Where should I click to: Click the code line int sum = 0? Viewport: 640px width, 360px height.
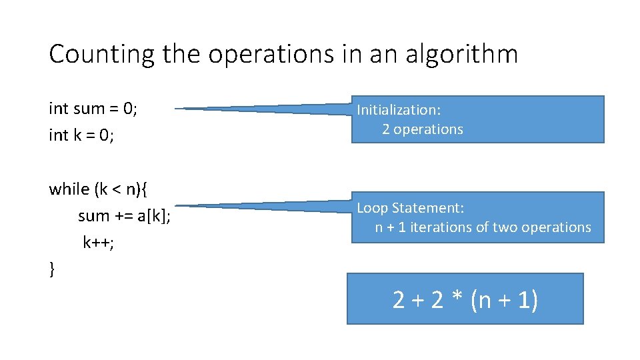pyautogui.click(x=93, y=108)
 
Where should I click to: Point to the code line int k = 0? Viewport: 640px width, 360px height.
pyautogui.click(x=81, y=135)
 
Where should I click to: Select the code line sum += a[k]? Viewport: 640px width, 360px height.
pyautogui.click(x=124, y=216)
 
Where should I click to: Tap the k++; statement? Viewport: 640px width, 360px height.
pyautogui.click(x=98, y=243)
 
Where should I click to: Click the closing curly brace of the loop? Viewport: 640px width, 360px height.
pyautogui.click(x=53, y=269)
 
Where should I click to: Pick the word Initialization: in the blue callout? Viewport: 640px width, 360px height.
pyautogui.click(x=399, y=110)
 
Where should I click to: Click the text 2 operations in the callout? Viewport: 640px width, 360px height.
pyautogui.click(x=422, y=129)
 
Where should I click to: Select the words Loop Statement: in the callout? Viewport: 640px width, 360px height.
pyautogui.click(x=410, y=208)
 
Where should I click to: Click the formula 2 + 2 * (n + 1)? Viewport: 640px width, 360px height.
pyautogui.click(x=465, y=300)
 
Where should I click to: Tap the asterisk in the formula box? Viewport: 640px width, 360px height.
pyautogui.click(x=458, y=300)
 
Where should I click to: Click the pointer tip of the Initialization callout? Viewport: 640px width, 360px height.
pyautogui.click(x=176, y=108)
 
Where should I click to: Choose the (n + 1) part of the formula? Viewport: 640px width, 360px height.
pyautogui.click(x=504, y=300)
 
